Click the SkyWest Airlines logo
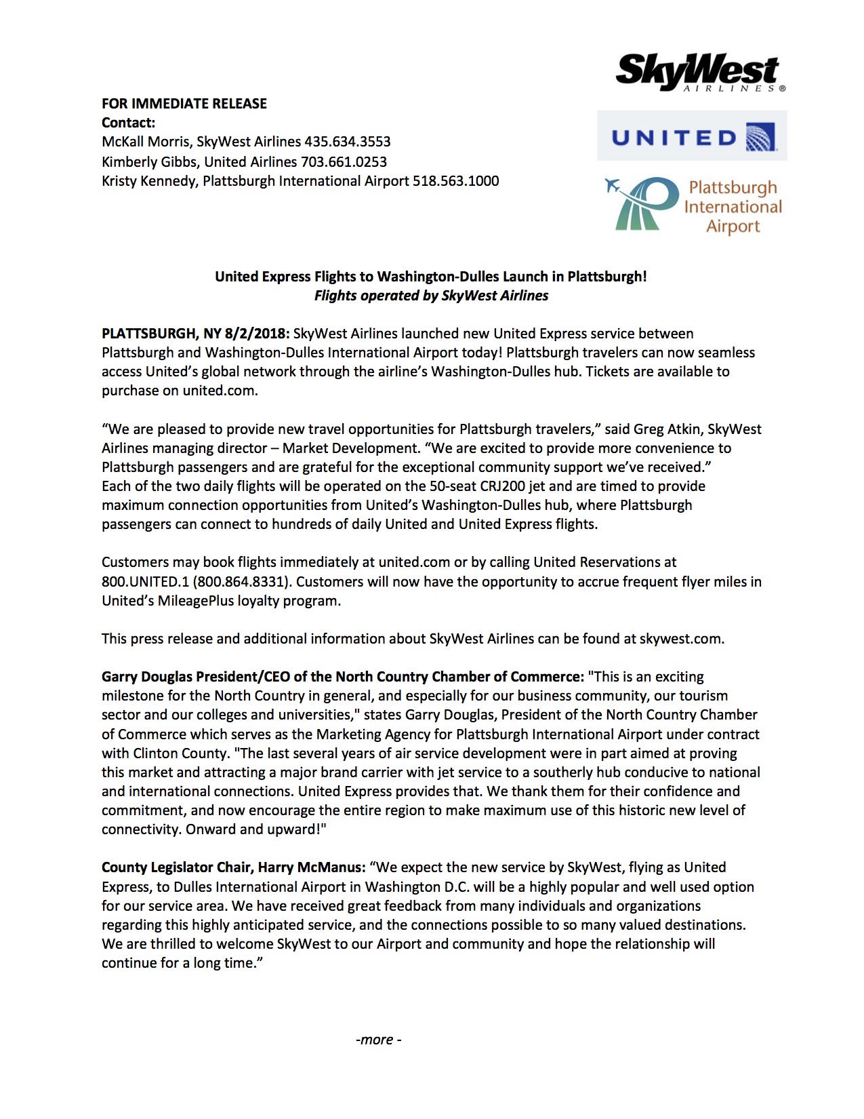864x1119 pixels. (x=699, y=72)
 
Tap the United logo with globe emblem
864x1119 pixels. (x=692, y=137)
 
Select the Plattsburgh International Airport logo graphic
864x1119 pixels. (x=693, y=205)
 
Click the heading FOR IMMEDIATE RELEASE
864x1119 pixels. (x=184, y=104)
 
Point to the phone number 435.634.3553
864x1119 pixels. (x=348, y=142)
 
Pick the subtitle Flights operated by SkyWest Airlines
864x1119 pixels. (x=431, y=296)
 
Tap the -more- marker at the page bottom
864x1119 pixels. (x=379, y=1040)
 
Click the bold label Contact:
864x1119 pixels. (x=129, y=123)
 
